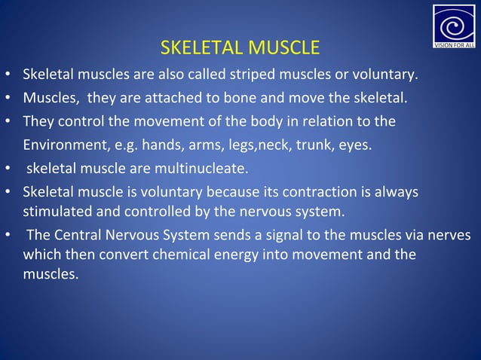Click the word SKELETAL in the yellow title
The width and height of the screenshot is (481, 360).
(x=198, y=49)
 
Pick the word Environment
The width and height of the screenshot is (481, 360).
(x=63, y=144)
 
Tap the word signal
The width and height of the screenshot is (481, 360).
(x=283, y=236)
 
